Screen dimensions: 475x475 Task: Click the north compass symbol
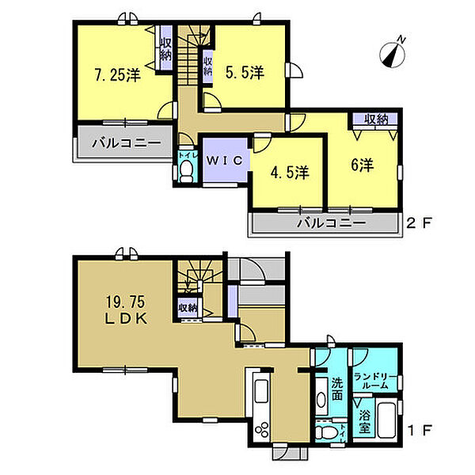(x=393, y=54)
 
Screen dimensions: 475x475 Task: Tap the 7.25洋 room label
(x=118, y=75)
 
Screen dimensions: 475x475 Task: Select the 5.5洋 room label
(x=245, y=72)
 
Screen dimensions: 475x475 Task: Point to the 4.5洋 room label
(x=290, y=173)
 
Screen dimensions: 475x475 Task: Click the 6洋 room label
(x=363, y=165)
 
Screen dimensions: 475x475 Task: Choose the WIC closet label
(x=225, y=160)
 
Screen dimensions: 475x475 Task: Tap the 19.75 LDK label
(x=126, y=310)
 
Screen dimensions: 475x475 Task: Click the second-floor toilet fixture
(x=186, y=171)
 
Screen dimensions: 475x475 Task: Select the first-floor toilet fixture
(x=326, y=432)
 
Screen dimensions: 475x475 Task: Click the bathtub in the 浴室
(x=386, y=420)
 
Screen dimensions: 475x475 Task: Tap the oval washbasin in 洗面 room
(x=321, y=400)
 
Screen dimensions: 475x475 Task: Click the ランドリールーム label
(x=375, y=382)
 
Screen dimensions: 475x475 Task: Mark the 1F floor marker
(x=420, y=430)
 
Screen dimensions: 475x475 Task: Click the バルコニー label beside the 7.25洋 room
(x=127, y=142)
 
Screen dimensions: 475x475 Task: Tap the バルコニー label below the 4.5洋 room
(x=331, y=223)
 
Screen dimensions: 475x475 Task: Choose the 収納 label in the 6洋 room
(x=376, y=120)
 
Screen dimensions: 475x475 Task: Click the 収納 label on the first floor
(x=188, y=308)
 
